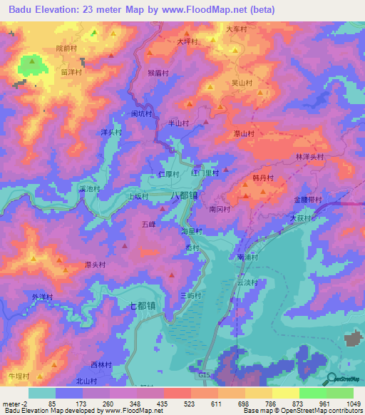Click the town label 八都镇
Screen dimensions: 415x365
point(183,194)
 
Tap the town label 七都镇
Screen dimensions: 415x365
point(145,305)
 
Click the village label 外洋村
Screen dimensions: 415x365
point(43,297)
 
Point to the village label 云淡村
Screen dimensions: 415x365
point(247,282)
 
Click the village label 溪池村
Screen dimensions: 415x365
point(90,189)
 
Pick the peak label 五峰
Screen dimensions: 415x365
point(148,224)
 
